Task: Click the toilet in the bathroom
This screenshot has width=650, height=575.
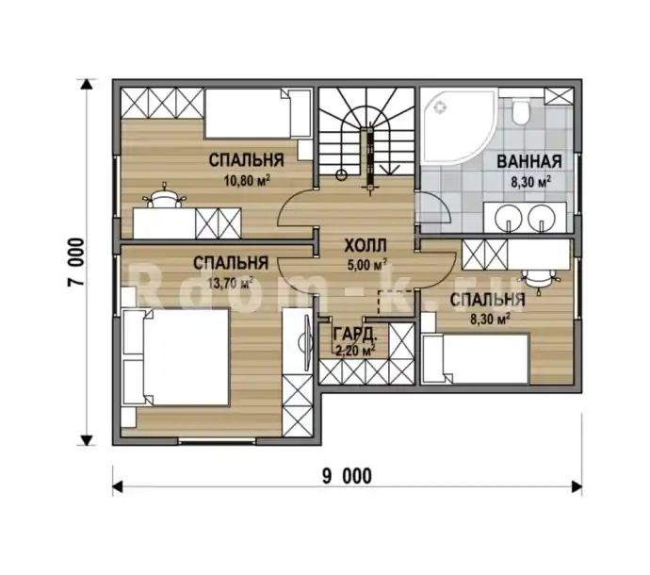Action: [519, 111]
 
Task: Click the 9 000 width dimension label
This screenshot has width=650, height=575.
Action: [348, 476]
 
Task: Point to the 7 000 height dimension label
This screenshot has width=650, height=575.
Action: [76, 262]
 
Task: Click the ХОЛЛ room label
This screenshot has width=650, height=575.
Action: [366, 246]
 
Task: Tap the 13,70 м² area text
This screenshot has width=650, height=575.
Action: [230, 283]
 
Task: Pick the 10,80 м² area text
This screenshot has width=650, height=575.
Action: [248, 180]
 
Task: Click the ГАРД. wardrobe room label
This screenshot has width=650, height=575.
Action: [355, 333]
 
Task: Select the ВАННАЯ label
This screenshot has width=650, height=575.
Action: [529, 161]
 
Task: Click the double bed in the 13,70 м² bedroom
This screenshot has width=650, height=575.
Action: [175, 356]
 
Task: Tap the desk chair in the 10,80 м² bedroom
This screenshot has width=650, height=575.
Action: [165, 196]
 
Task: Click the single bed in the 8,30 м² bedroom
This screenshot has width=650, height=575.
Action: [475, 358]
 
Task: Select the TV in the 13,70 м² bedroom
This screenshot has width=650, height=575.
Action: [306, 342]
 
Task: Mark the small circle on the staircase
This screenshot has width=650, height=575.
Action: [342, 175]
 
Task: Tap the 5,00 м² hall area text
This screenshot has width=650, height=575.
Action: [367, 265]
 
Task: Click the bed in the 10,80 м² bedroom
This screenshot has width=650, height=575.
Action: [258, 113]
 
